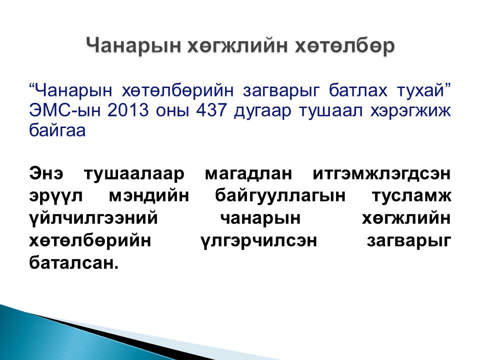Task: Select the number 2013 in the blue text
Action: point(127,110)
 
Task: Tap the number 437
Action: point(211,110)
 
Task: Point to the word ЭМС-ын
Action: point(64,110)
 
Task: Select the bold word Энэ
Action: point(46,173)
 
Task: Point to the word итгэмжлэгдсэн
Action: point(381,173)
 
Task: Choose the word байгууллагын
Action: point(280,196)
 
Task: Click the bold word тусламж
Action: point(411,196)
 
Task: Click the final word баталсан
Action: point(73,262)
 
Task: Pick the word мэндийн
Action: point(149,196)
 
